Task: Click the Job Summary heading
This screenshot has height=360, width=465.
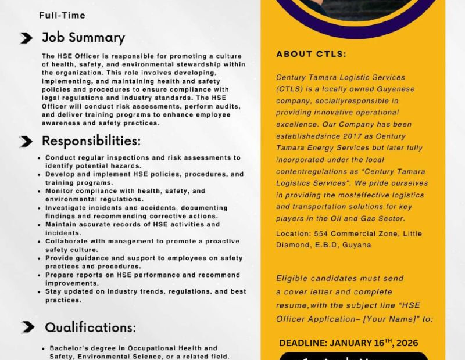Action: (83, 38)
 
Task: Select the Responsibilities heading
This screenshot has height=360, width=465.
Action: (91, 141)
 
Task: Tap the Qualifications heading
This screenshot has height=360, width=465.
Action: (91, 327)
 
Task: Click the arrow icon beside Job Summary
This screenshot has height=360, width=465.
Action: (26, 38)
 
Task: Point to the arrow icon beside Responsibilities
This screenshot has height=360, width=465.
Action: (26, 142)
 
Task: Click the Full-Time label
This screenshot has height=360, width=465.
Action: (62, 15)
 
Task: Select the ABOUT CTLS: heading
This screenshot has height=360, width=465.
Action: (311, 54)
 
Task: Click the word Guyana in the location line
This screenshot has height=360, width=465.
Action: (357, 244)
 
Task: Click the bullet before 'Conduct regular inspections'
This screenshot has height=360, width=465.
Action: (39, 157)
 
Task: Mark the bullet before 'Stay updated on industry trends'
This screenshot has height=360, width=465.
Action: (39, 291)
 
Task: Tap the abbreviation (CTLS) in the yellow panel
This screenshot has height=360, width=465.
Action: (289, 89)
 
